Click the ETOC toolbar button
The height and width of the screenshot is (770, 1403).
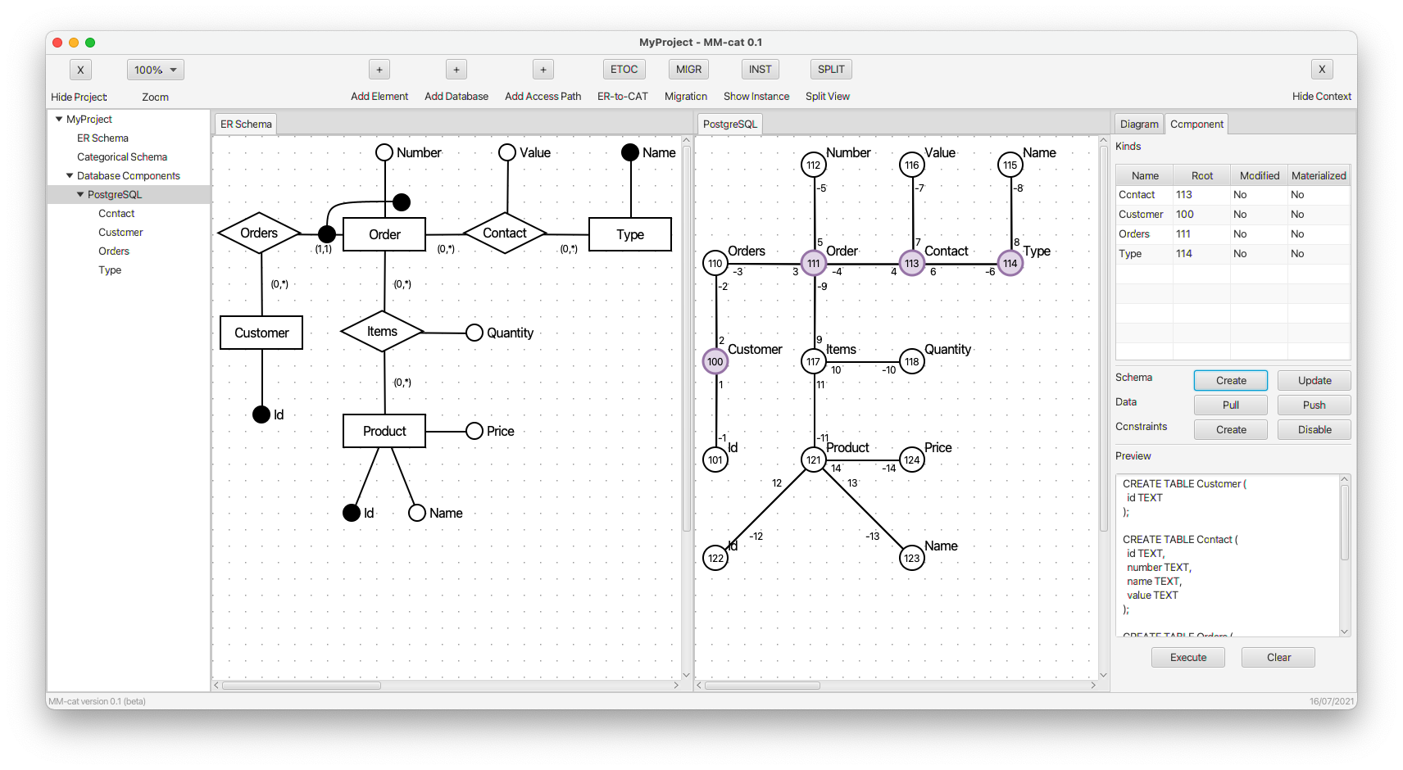[x=624, y=70]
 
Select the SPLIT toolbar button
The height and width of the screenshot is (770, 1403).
[x=830, y=70]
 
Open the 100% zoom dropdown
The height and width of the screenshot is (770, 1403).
[x=156, y=70]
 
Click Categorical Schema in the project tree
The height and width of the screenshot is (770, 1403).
[x=122, y=156]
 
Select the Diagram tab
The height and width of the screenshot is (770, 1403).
[x=1138, y=124]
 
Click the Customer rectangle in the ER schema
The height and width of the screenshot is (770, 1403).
[x=261, y=333]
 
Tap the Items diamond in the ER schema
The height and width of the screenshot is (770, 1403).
[x=382, y=331]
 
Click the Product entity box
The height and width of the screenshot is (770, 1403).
[x=384, y=431]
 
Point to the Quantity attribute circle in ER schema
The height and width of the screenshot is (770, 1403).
[x=474, y=333]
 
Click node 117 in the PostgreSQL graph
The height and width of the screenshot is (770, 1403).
[x=813, y=361]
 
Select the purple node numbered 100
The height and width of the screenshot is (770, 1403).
[x=715, y=361]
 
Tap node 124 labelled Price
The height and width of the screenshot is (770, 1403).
[x=911, y=460]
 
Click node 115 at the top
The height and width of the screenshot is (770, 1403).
[x=1010, y=165]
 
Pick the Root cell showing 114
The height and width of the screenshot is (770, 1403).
[x=1183, y=254]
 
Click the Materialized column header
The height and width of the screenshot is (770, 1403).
[x=1319, y=175]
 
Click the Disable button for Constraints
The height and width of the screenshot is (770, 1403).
[x=1314, y=429]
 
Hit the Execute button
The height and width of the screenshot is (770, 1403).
[x=1188, y=657]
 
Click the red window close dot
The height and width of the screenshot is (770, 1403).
[x=57, y=43]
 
